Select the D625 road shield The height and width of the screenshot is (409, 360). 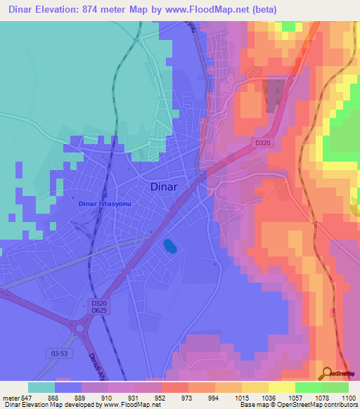[x=98, y=310]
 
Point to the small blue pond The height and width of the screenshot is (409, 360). [x=169, y=246]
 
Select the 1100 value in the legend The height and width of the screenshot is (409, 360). [x=348, y=398]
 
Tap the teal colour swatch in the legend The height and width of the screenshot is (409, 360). [x=41, y=387]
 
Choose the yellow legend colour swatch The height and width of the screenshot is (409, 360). [x=282, y=387]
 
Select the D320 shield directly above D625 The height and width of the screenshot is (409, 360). [x=98, y=302]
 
